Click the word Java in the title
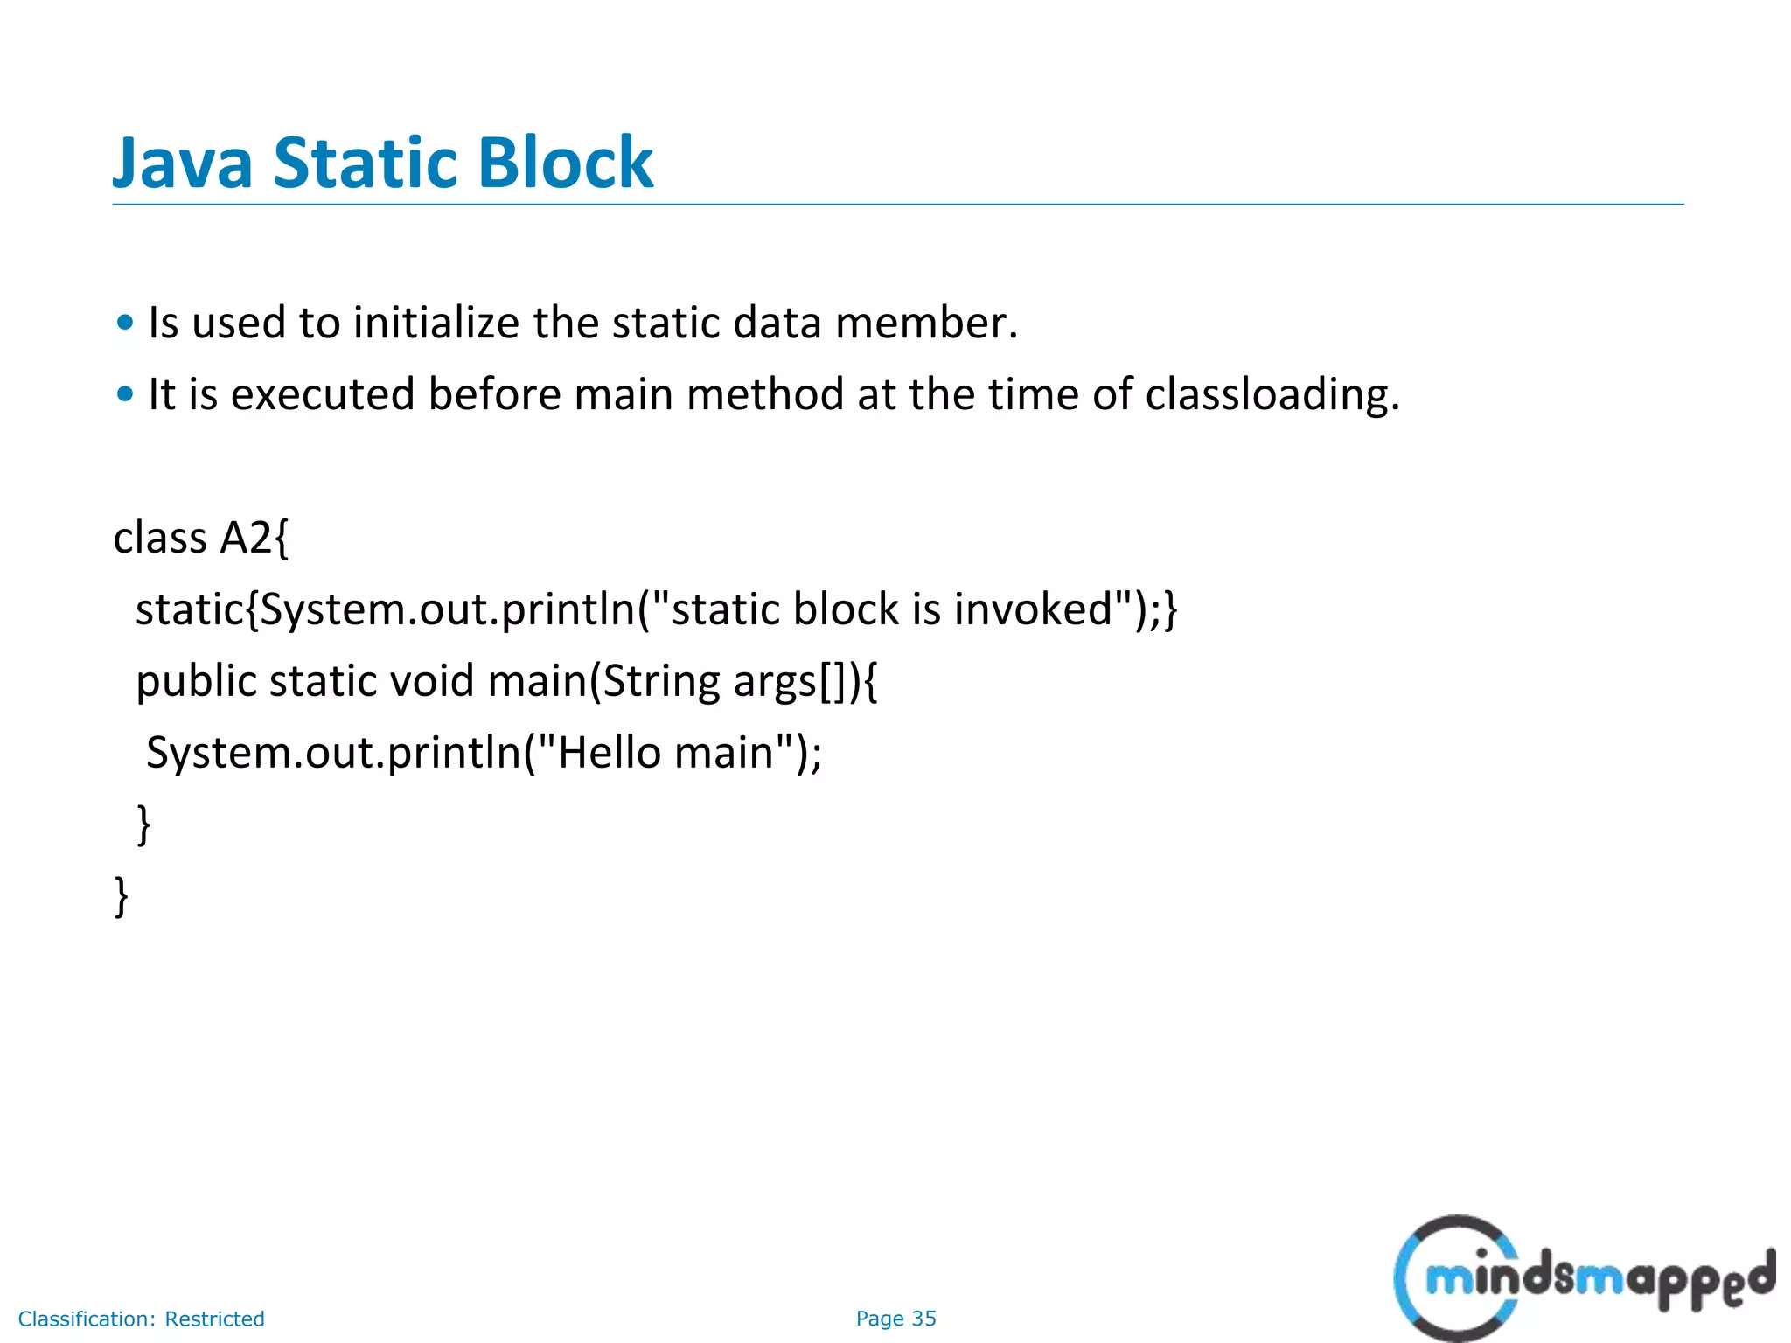pos(183,164)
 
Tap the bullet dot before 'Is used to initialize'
pos(125,323)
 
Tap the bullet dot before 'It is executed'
pos(125,394)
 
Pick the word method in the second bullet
pos(765,394)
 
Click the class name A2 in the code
pos(247,538)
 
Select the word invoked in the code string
pos(1033,609)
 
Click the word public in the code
pos(195,681)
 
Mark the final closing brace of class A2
pos(122,896)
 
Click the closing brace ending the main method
pos(144,825)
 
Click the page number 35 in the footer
pos(923,1319)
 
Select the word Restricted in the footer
pos(214,1319)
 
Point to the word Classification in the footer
pos(86,1319)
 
